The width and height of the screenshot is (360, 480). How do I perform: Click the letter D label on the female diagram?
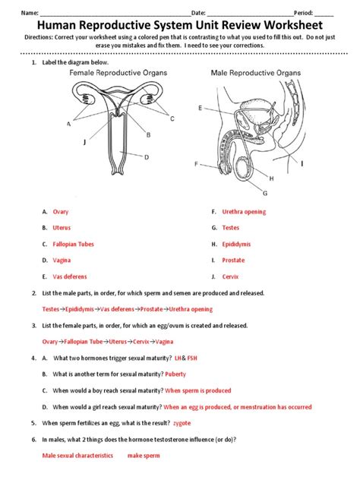click(x=147, y=157)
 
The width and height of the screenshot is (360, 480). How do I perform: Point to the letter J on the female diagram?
click(x=85, y=142)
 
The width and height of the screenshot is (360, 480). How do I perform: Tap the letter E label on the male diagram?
click(x=201, y=108)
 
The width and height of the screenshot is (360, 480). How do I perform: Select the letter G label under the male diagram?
click(x=265, y=193)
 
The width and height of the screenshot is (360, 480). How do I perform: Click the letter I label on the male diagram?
click(x=302, y=164)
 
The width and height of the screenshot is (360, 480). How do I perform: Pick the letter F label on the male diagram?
click(x=196, y=164)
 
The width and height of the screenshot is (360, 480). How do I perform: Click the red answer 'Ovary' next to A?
click(x=61, y=212)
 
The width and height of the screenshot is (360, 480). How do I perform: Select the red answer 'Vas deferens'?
click(x=70, y=276)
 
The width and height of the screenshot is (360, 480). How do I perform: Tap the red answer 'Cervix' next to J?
click(x=230, y=276)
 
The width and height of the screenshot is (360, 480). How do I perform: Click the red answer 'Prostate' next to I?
click(x=233, y=261)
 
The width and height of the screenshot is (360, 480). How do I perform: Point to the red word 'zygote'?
click(x=182, y=423)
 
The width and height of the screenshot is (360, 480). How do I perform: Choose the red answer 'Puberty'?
click(x=175, y=374)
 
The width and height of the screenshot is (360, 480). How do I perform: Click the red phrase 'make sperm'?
click(x=144, y=456)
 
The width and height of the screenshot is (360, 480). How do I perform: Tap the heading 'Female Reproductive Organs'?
click(x=118, y=73)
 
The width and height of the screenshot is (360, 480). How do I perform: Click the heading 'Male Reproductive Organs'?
click(x=256, y=73)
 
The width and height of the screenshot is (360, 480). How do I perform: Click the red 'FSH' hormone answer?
click(x=192, y=358)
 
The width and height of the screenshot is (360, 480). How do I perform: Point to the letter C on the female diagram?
click(x=172, y=118)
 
